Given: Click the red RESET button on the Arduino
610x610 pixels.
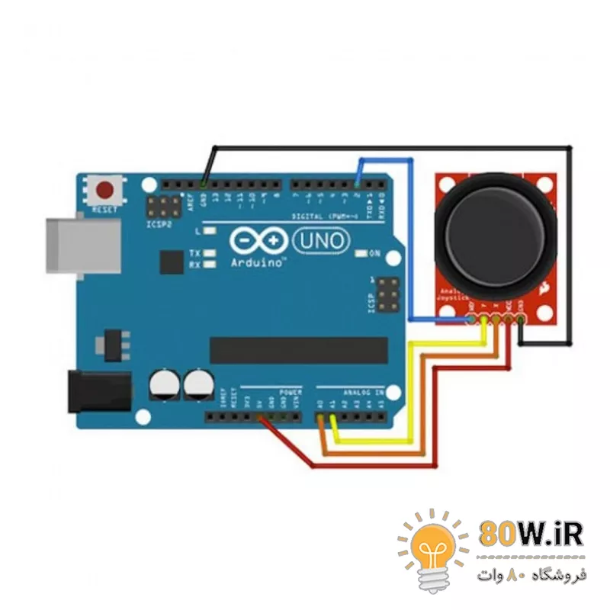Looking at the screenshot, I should pos(104,190).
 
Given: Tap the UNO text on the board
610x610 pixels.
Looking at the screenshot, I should pos(321,242).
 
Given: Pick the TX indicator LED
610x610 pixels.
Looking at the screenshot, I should pos(207,253).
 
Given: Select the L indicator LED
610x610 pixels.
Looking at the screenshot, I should pos(207,230).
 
